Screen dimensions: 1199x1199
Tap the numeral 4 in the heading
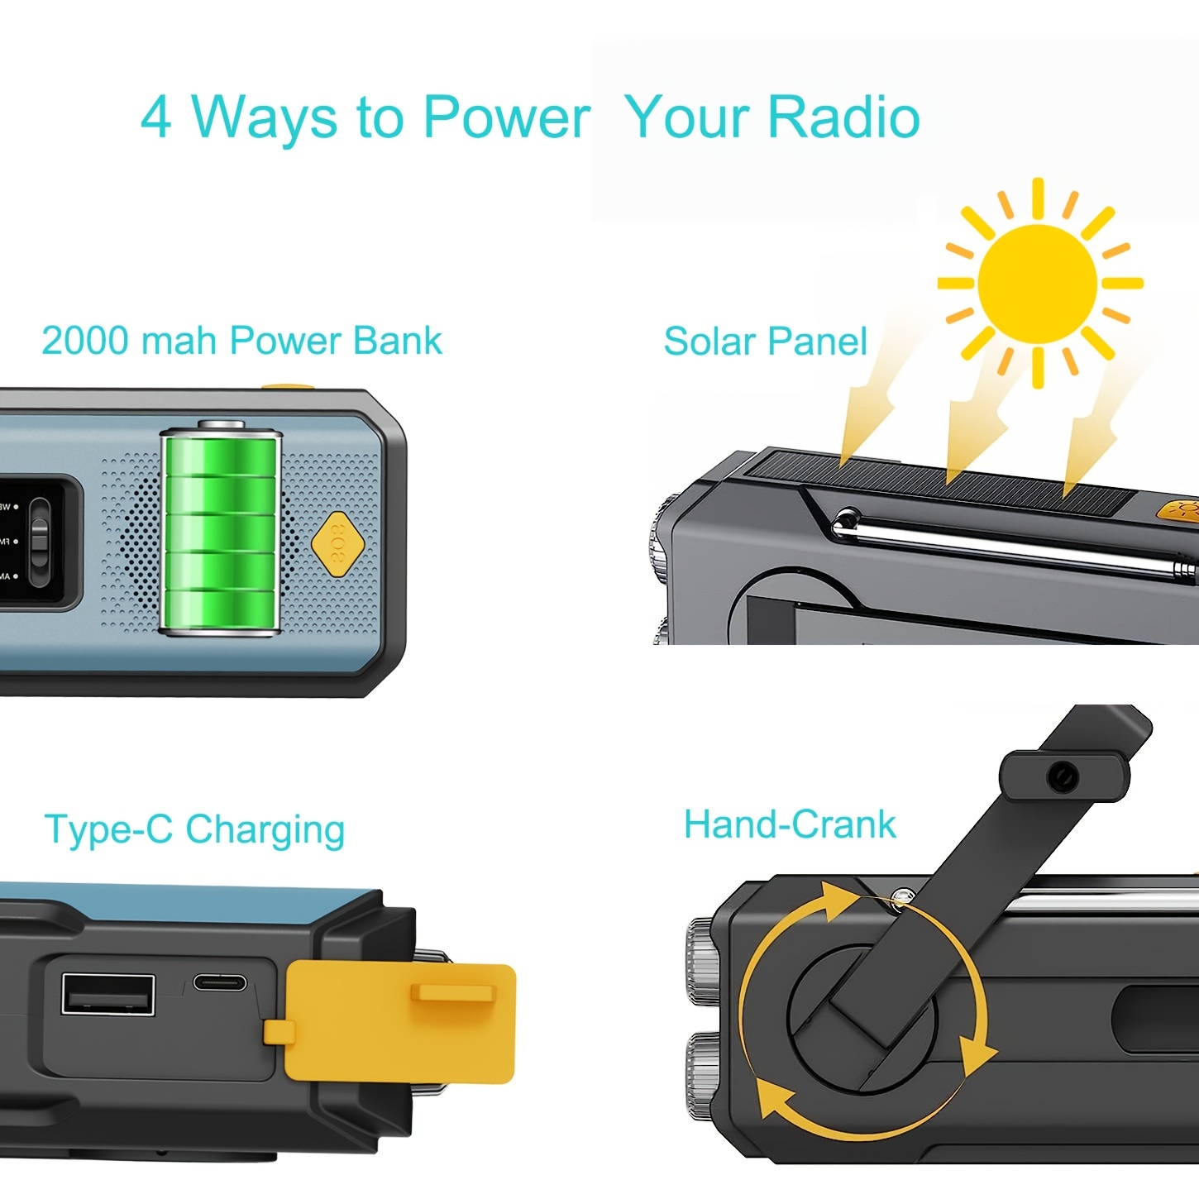(x=156, y=117)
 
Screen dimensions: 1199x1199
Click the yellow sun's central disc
(x=1037, y=283)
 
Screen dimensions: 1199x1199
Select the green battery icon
(x=221, y=531)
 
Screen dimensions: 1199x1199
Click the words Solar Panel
(x=765, y=342)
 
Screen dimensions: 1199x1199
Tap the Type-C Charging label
(x=194, y=829)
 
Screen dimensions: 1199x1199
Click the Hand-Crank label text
(x=790, y=824)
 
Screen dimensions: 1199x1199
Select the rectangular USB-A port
(x=108, y=995)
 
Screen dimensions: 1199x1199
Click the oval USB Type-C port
(x=220, y=982)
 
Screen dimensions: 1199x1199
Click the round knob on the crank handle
(x=1062, y=776)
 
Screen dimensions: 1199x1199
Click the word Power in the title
(x=506, y=117)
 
